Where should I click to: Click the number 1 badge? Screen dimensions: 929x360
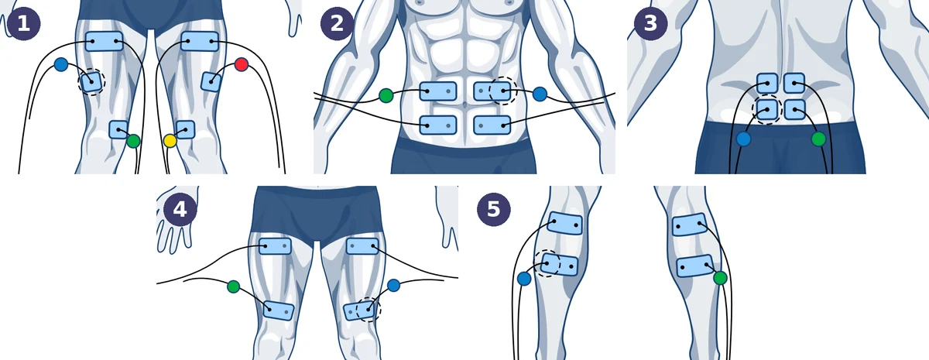pyautogui.click(x=24, y=23)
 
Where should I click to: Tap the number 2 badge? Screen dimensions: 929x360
pyautogui.click(x=338, y=23)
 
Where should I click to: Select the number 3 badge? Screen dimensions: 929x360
pyautogui.click(x=651, y=23)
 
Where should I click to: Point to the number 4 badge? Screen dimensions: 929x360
pyautogui.click(x=180, y=209)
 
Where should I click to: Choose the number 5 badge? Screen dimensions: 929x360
pyautogui.click(x=494, y=209)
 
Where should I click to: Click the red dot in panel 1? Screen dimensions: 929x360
pyautogui.click(x=242, y=65)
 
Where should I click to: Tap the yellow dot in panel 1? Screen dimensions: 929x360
pyautogui.click(x=170, y=141)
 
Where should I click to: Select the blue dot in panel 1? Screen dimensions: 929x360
pyautogui.click(x=61, y=64)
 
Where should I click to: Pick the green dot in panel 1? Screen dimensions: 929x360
pyautogui.click(x=133, y=141)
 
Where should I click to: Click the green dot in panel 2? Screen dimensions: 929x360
pyautogui.click(x=386, y=95)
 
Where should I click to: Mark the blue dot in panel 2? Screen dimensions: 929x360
pyautogui.click(x=540, y=94)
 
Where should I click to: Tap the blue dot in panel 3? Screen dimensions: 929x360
pyautogui.click(x=744, y=139)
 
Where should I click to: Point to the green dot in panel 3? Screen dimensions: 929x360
pyautogui.click(x=818, y=139)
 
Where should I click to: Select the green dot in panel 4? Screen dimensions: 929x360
pyautogui.click(x=234, y=286)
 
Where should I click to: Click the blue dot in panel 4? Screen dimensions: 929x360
pyautogui.click(x=393, y=285)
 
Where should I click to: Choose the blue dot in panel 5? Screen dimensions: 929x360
pyautogui.click(x=524, y=278)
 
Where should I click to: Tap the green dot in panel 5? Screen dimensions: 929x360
pyautogui.click(x=721, y=278)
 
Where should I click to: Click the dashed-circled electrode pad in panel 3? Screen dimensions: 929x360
pyautogui.click(x=767, y=109)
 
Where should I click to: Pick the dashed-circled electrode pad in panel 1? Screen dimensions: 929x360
pyautogui.click(x=91, y=82)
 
